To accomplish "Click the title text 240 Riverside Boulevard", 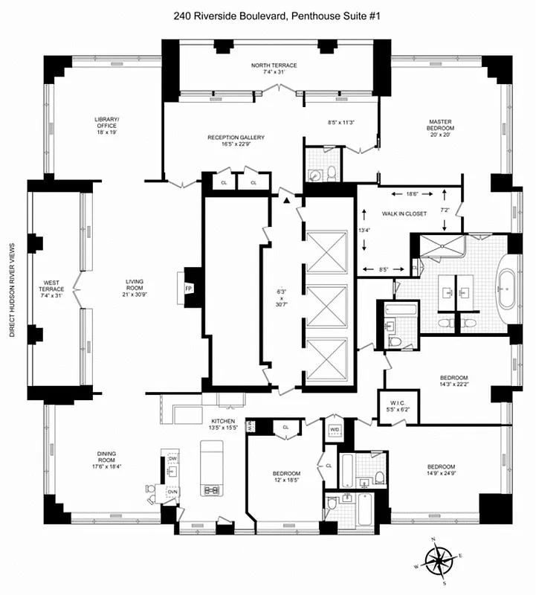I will (268, 14).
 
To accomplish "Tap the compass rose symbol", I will (438, 558).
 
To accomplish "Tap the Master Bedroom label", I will (440, 126).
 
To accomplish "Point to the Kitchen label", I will (222, 425).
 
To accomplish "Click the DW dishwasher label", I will (172, 460).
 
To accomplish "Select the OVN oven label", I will (172, 492).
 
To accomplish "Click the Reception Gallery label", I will (236, 141).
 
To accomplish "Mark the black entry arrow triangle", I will (285, 199).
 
